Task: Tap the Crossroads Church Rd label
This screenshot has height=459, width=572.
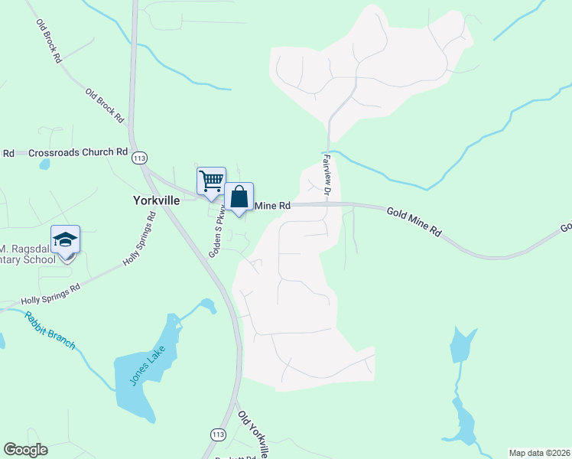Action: tap(78, 152)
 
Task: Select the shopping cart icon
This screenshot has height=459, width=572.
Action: tap(211, 181)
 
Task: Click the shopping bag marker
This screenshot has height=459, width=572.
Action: tap(239, 197)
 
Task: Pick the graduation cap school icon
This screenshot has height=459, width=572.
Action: tap(66, 239)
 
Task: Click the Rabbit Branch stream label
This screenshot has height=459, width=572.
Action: tap(50, 329)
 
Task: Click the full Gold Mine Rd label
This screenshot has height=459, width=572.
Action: tap(414, 220)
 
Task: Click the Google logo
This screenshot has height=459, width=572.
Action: tap(25, 450)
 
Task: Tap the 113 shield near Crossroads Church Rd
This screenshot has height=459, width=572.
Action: tap(138, 158)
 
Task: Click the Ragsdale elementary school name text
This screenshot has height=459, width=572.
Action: tap(28, 254)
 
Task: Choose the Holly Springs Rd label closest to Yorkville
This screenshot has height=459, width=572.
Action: tap(140, 239)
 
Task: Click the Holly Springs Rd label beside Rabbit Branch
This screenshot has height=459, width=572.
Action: tap(51, 295)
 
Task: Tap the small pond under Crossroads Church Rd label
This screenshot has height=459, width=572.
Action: tap(44, 164)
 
